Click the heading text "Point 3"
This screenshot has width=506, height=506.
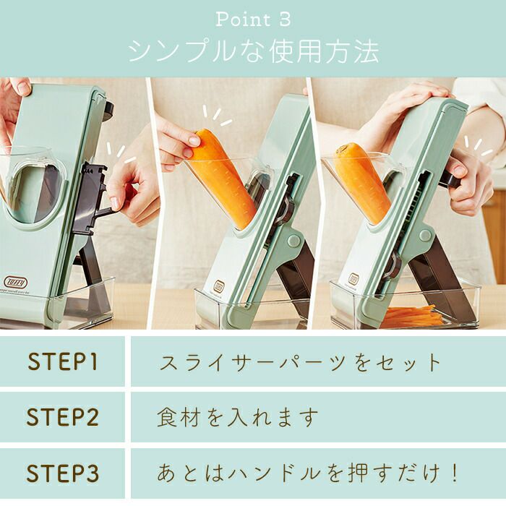253,20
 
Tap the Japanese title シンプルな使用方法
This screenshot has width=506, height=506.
253,52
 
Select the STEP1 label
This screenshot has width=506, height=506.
63,361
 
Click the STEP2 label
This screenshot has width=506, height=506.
62,417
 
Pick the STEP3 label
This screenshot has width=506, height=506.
62,473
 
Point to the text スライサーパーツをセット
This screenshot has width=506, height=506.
300,362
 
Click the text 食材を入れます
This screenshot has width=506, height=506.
238,417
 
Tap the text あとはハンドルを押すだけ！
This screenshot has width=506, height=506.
307,473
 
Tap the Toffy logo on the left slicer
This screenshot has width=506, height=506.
16,283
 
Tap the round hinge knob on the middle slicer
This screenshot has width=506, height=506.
293,241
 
